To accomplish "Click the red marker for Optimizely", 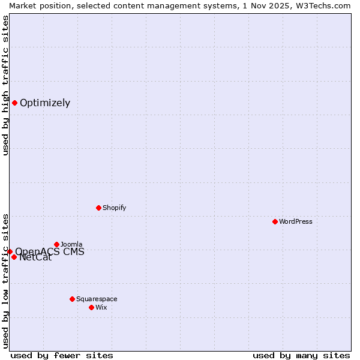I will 14,103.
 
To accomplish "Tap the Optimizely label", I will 45,103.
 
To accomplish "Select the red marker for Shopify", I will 98,208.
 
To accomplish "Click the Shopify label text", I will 114,208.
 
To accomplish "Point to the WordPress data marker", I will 275,221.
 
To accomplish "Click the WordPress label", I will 295,222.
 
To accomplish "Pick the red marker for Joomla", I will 56,244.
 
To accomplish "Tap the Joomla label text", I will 71,245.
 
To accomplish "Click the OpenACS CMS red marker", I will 10,251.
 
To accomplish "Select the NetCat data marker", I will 14,257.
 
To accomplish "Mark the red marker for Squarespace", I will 72,299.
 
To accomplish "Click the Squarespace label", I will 97,299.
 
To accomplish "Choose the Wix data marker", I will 91,307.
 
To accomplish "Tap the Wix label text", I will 101,308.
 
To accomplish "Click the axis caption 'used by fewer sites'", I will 62,355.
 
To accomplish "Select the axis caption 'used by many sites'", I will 301,355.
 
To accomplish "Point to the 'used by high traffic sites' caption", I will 5,85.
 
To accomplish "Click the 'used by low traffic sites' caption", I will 5,281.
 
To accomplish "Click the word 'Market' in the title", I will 23,5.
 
